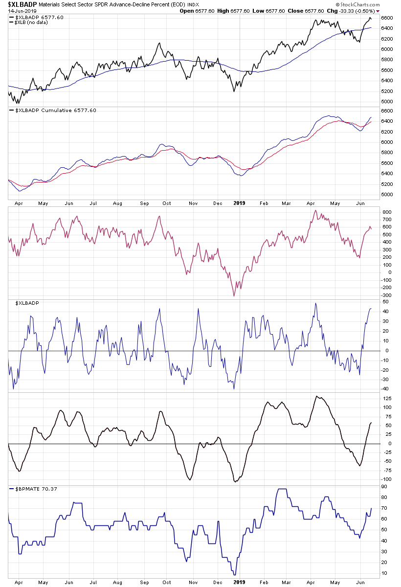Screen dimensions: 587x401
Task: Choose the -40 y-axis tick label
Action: (386, 389)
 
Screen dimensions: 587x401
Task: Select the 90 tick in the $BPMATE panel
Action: (385, 486)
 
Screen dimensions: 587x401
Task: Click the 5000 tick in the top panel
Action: (387, 102)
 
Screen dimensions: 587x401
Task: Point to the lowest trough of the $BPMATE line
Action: (235, 574)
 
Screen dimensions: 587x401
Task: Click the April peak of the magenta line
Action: (315, 211)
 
